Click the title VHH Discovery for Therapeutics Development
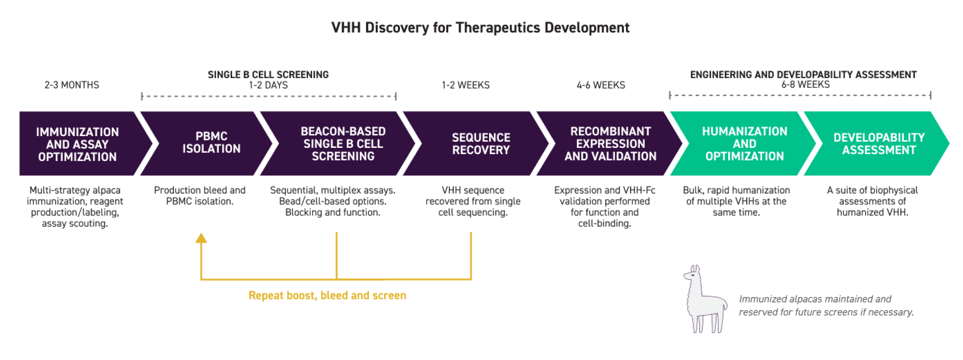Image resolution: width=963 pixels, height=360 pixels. (x=480, y=28)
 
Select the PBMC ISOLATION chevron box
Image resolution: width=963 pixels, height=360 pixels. (x=211, y=143)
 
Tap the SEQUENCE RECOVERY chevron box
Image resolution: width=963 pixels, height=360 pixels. (x=481, y=144)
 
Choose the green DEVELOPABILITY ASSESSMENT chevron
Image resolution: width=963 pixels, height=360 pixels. (x=879, y=144)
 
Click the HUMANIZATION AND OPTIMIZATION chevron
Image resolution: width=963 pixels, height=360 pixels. (x=744, y=144)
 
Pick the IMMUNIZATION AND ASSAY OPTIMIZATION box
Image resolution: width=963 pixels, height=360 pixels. (x=78, y=144)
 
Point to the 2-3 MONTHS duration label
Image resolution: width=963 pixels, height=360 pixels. (x=72, y=85)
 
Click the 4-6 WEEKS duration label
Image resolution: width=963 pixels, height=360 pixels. (x=600, y=85)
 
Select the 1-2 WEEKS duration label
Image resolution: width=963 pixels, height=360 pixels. (x=466, y=85)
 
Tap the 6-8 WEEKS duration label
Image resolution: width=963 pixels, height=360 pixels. (x=805, y=84)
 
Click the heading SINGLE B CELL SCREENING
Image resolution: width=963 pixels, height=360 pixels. (x=268, y=74)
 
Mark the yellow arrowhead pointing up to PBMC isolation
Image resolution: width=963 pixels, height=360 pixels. (x=201, y=238)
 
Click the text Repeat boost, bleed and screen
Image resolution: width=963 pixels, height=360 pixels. (x=327, y=295)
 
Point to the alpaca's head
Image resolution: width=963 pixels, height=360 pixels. (x=692, y=274)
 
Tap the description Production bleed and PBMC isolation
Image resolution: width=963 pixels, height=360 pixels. (x=200, y=196)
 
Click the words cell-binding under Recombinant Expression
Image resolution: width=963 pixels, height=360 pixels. (x=604, y=223)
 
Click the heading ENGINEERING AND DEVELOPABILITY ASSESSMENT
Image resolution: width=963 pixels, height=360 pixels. (x=803, y=74)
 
